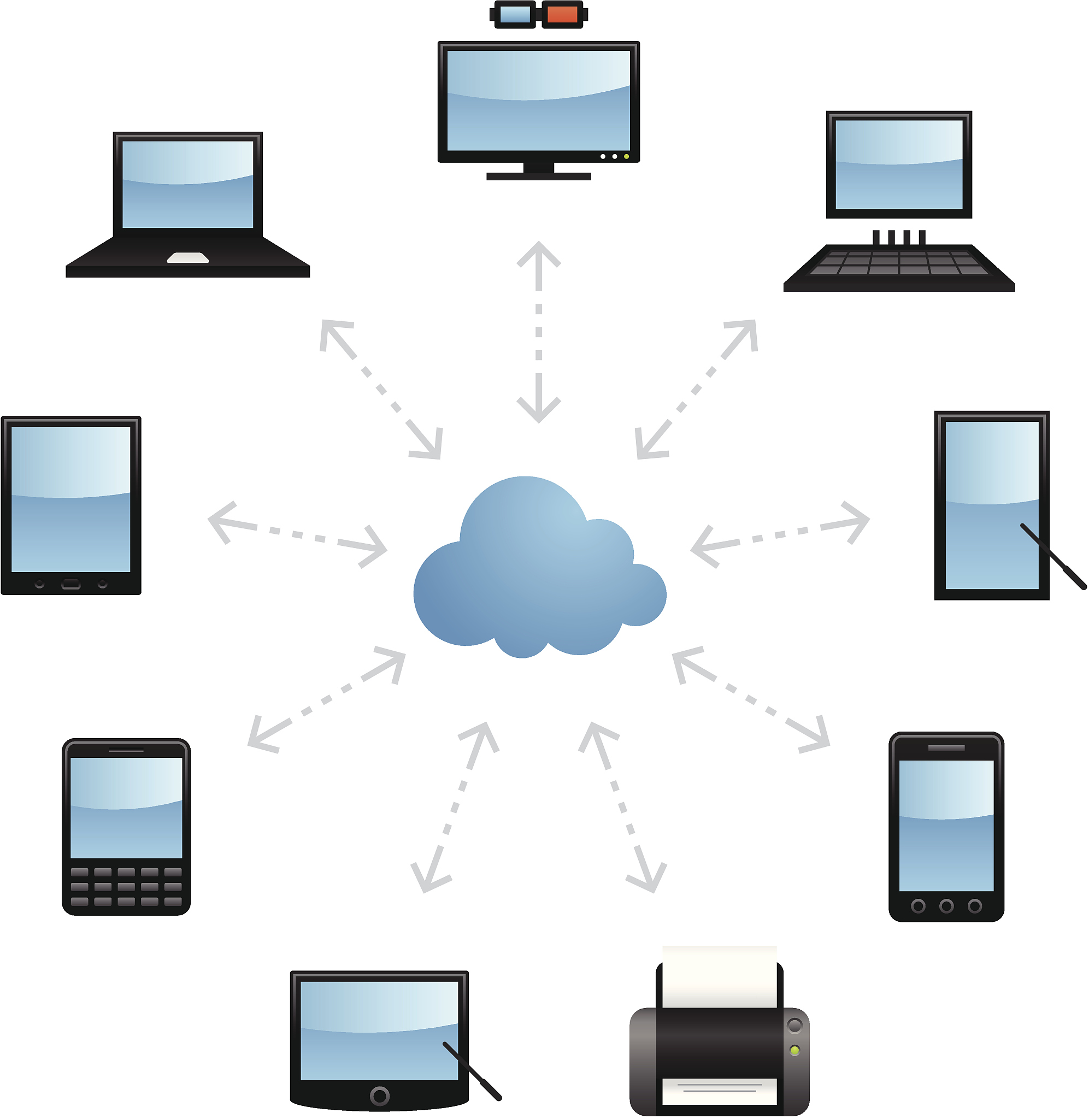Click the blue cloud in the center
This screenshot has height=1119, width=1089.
[x=538, y=572]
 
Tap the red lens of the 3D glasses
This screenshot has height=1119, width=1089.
[x=562, y=14]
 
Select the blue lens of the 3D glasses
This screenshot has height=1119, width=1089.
[x=515, y=14]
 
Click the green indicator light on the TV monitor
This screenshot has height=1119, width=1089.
[x=627, y=156]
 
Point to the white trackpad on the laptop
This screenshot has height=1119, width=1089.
[x=187, y=258]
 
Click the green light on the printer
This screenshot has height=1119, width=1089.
[x=794, y=1050]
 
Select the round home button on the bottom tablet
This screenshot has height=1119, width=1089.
[x=379, y=1096]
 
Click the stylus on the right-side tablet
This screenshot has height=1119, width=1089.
[x=1053, y=556]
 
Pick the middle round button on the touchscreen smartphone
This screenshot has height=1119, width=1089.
[x=946, y=906]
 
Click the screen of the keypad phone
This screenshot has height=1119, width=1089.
[x=126, y=807]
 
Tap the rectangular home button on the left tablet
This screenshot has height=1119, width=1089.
[x=71, y=584]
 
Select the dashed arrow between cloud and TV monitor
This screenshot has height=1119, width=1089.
[x=538, y=332]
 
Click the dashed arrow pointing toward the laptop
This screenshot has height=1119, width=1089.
[x=380, y=390]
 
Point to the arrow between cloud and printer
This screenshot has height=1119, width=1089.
[x=622, y=807]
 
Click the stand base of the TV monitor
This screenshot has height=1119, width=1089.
[x=538, y=176]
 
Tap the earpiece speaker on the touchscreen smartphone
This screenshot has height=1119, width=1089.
[x=946, y=748]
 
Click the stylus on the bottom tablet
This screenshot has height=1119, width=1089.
[x=473, y=1071]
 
